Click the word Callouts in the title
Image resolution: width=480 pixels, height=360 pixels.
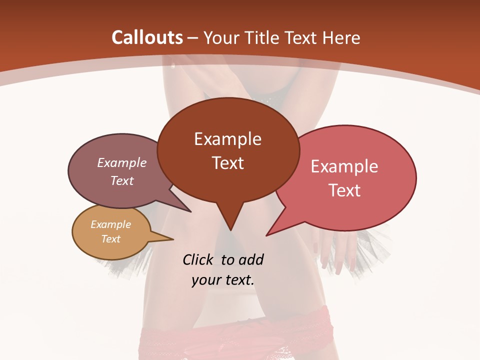[x=147, y=37]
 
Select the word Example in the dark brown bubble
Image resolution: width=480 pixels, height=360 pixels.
[x=227, y=139]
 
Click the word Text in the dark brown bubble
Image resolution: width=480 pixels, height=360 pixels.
[x=227, y=162]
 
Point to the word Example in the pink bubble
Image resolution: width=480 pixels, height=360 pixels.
[x=344, y=166]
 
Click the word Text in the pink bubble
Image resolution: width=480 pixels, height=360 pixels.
[x=344, y=190]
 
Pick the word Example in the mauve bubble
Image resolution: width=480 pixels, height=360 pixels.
[x=122, y=162]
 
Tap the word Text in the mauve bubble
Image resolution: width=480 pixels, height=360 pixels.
[x=122, y=180]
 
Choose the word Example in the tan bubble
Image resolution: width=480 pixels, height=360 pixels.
[x=111, y=224]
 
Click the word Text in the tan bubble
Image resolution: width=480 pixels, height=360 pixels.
[x=111, y=238]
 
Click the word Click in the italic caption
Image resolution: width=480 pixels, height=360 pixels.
[x=199, y=259]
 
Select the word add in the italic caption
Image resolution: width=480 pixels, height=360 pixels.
[x=250, y=259]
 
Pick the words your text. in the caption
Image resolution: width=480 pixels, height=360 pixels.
[x=223, y=280]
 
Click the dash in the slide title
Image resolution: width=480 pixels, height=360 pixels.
[x=193, y=37]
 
